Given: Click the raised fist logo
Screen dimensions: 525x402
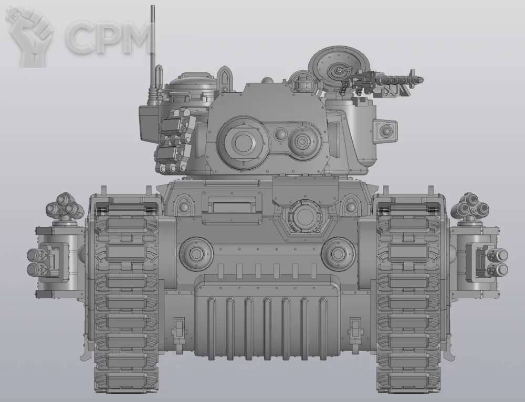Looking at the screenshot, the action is point(30,37).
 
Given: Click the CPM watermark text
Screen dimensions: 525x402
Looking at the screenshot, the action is point(108,37).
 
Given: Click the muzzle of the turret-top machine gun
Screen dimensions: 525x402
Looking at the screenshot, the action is point(420,80).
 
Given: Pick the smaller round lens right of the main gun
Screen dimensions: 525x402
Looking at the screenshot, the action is point(303,140).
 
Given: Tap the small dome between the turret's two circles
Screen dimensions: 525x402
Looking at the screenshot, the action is point(280,134).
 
